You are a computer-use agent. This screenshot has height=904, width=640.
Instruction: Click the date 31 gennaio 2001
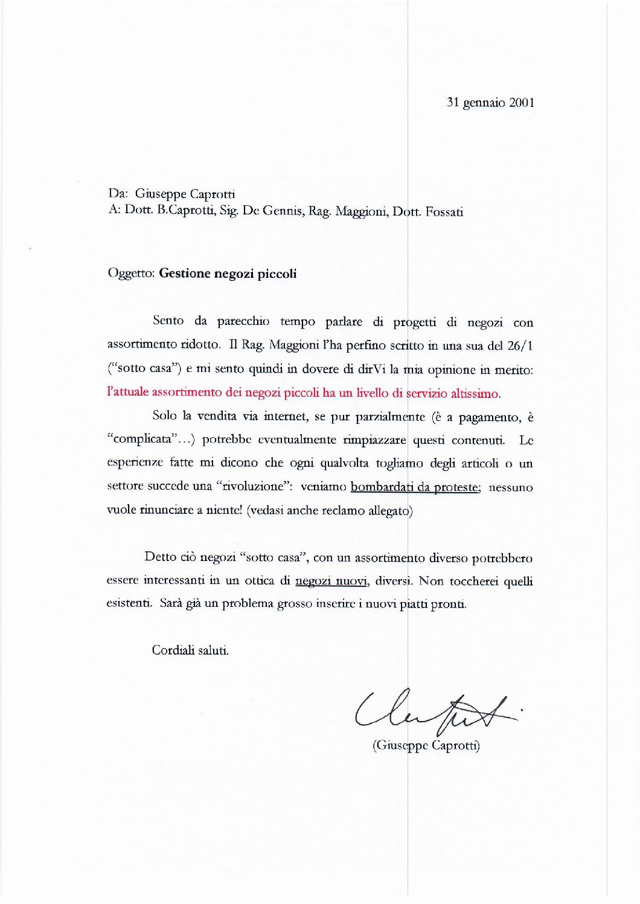(490, 103)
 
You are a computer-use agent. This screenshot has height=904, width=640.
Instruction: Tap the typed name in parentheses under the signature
(426, 745)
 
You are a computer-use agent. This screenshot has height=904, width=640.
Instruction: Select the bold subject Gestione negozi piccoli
(228, 274)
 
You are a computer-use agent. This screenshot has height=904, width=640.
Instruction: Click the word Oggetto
(131, 274)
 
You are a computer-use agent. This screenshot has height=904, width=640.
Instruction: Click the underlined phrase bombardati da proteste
(415, 487)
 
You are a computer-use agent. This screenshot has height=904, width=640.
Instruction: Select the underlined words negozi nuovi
(331, 581)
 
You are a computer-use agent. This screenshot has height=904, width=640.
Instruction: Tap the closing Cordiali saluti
(190, 650)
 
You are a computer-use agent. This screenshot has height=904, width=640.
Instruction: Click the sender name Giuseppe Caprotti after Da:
(185, 194)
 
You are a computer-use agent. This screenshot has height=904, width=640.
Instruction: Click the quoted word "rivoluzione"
(250, 487)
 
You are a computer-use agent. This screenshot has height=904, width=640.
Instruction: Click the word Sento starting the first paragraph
(168, 321)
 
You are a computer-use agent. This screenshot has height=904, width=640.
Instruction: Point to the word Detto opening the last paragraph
(160, 557)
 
